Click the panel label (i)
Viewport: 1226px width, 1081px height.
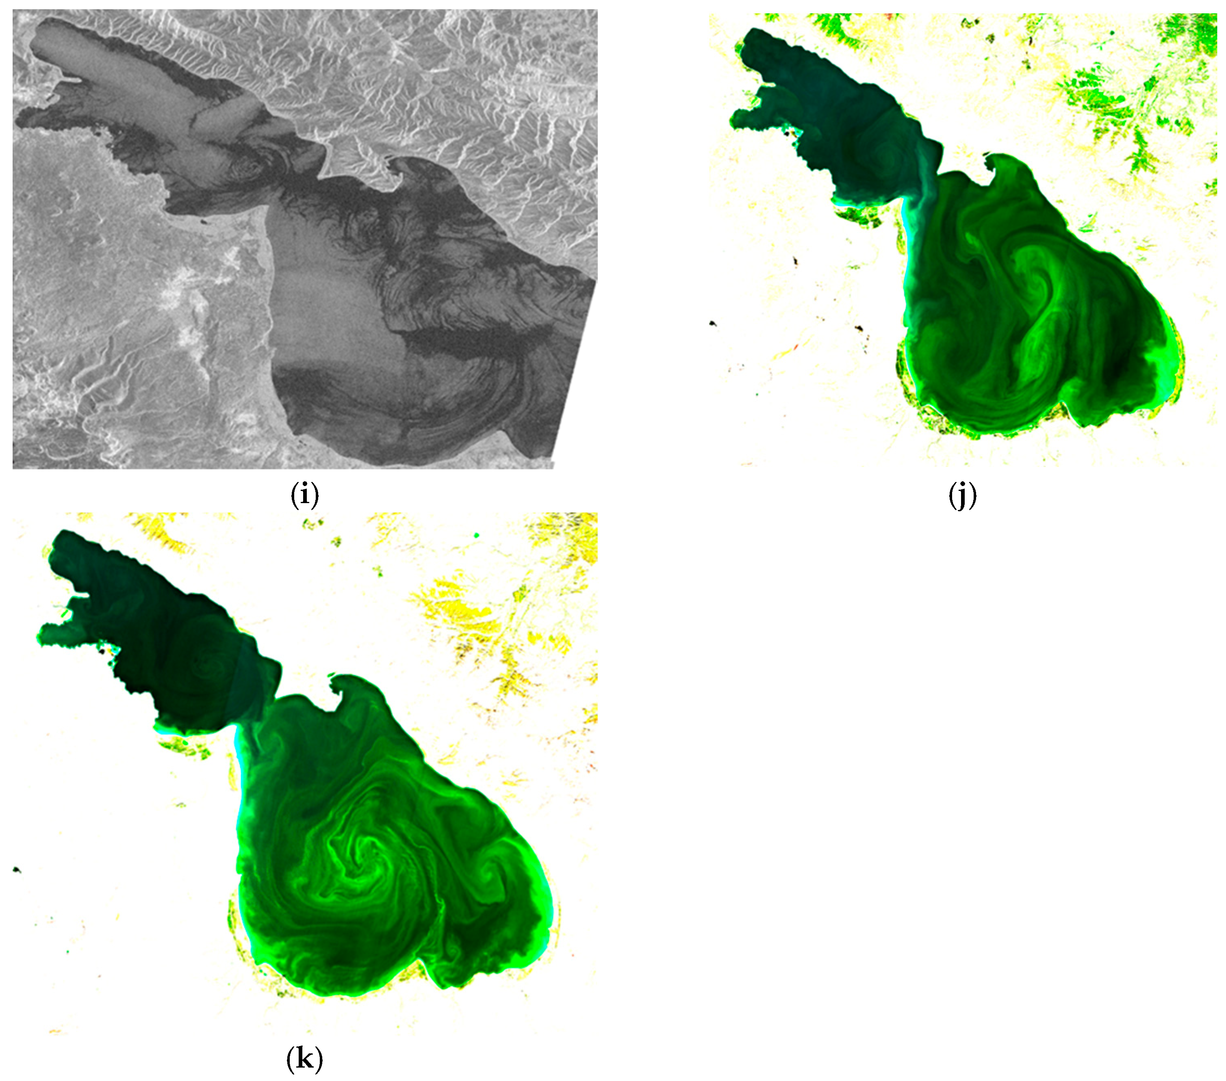(305, 495)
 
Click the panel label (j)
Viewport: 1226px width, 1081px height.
(963, 495)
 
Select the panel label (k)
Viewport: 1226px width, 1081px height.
(305, 1059)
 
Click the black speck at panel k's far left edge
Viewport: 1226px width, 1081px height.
(17, 870)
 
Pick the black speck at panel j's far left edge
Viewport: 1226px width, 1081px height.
(713, 324)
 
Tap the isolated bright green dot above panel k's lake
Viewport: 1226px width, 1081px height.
(476, 534)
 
